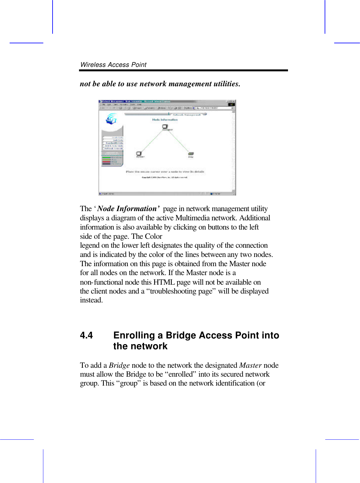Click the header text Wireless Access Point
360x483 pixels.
[x=113, y=65]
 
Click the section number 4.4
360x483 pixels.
[x=86, y=335]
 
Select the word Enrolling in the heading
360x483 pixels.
[x=134, y=335]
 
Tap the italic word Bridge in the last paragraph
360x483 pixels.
[x=119, y=365]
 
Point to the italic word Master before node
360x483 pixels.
[x=250, y=365]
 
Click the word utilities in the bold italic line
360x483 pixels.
[x=227, y=84]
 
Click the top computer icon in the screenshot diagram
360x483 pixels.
[x=165, y=127]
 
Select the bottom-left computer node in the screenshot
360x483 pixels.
[x=139, y=154]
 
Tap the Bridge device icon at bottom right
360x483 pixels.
[x=191, y=154]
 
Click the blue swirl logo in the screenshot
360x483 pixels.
[x=112, y=119]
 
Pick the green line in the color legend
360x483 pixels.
[x=106, y=157]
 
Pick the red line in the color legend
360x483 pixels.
[x=106, y=162]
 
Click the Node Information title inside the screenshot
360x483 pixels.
[x=165, y=120]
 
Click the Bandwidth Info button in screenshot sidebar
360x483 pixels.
[x=114, y=143]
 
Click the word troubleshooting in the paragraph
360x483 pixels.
[x=181, y=291]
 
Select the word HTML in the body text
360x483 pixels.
[x=164, y=282]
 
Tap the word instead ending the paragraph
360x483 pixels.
[x=91, y=300]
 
